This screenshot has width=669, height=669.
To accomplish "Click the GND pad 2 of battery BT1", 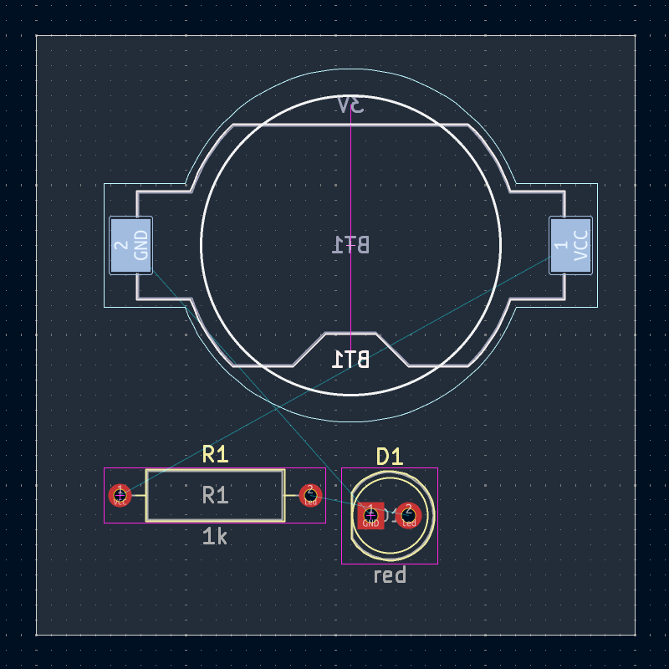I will [130, 245].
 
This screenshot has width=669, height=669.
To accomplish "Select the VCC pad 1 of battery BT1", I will [570, 245].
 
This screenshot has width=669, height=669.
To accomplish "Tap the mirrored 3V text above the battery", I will [350, 105].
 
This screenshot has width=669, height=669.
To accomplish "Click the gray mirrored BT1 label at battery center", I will [350, 245].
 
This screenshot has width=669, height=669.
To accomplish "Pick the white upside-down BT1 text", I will [350, 360].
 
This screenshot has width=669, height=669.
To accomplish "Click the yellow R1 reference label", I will [215, 454].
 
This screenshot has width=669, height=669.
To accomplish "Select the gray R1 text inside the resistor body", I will [215, 495].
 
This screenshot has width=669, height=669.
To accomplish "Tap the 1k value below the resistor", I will [215, 537].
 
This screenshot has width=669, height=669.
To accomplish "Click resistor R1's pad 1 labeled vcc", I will [120, 496].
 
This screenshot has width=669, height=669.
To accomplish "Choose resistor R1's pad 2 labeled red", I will [310, 496].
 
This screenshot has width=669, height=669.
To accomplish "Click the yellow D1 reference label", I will [389, 457].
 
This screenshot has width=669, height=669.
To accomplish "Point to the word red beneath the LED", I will [389, 575].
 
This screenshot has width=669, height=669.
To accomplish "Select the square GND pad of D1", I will [370, 516].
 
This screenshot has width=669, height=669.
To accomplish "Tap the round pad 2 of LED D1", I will [408, 516].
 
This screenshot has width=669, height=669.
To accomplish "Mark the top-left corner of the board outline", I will [37, 36].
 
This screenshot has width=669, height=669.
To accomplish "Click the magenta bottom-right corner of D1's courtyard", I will [437, 564].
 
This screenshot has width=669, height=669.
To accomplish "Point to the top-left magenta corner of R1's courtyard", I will [105, 468].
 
